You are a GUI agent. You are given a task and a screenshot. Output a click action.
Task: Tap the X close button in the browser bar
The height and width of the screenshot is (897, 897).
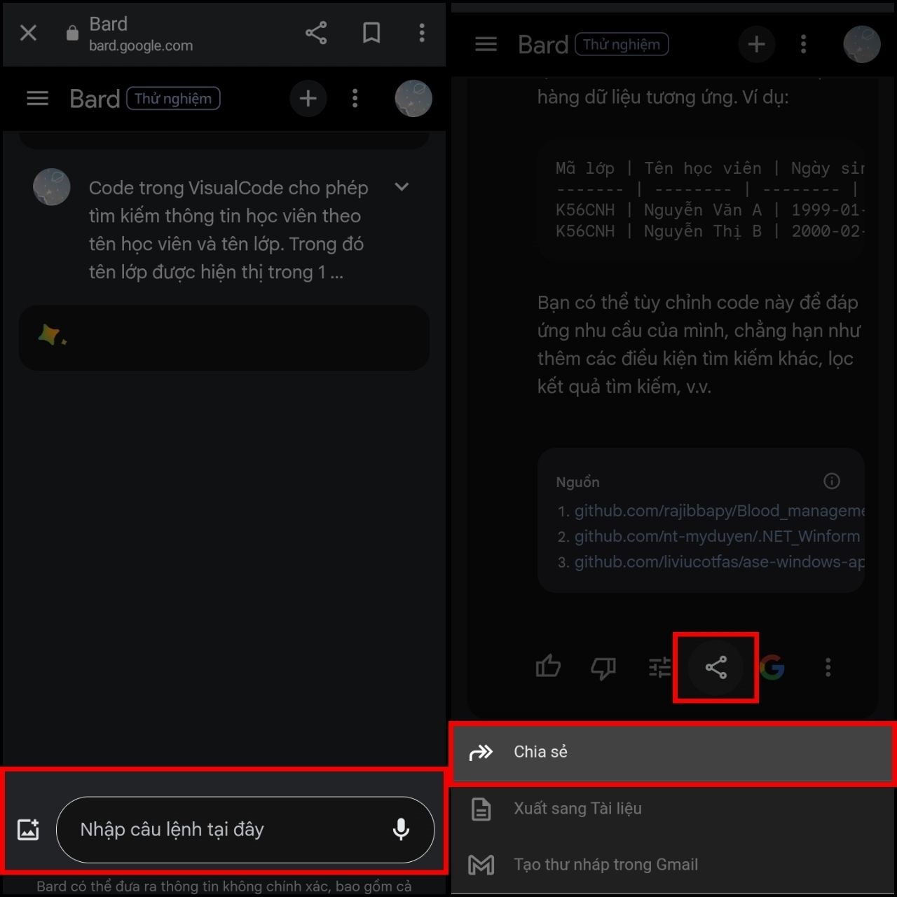(28, 33)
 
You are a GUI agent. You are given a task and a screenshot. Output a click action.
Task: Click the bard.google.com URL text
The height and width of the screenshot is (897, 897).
(140, 46)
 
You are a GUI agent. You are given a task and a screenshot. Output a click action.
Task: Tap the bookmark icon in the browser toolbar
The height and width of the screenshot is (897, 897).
(371, 33)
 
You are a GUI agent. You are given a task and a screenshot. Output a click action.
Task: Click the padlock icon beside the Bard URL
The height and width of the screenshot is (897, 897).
(72, 33)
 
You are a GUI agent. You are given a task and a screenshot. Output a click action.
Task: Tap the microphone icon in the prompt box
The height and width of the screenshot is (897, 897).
(401, 829)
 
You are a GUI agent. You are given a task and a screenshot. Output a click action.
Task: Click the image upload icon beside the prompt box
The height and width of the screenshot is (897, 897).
(28, 829)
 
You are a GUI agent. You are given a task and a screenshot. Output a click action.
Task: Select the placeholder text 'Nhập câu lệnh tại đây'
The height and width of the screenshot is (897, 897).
(172, 830)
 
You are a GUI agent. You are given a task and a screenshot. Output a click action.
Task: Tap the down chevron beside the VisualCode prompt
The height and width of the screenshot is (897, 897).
(402, 187)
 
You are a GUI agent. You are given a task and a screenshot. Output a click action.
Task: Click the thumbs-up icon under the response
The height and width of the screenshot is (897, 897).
(547, 667)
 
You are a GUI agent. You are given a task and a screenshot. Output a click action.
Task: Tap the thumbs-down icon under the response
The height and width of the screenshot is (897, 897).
(603, 667)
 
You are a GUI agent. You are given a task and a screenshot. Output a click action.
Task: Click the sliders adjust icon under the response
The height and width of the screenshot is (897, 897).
(659, 667)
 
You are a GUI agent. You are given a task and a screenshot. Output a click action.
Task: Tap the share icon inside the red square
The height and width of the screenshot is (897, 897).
(715, 667)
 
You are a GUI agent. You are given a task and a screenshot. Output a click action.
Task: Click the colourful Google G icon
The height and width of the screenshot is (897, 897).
(772, 667)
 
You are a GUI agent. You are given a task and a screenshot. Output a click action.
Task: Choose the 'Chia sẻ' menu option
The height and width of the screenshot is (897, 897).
(540, 752)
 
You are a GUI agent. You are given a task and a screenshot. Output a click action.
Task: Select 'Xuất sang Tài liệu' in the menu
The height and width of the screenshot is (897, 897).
(577, 809)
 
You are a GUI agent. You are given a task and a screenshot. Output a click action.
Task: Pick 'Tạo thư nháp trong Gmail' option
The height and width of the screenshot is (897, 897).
(605, 865)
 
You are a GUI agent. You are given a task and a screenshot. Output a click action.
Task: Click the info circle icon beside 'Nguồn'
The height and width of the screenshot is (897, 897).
(831, 481)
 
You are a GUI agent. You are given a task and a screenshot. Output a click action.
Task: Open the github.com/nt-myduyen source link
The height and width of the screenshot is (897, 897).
(717, 536)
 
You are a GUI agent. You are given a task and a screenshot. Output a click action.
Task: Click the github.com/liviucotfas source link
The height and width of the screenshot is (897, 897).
(718, 562)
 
